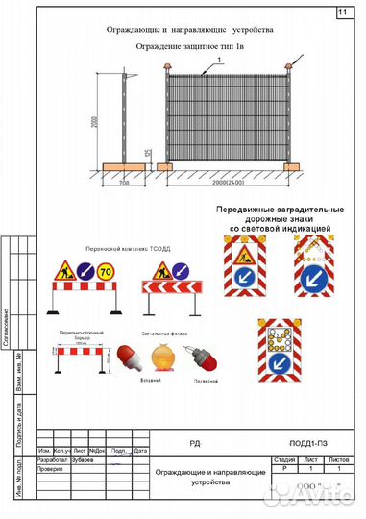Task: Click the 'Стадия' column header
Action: click(x=284, y=460)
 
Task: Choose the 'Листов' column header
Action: click(x=339, y=460)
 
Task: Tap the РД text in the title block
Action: click(x=195, y=444)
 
